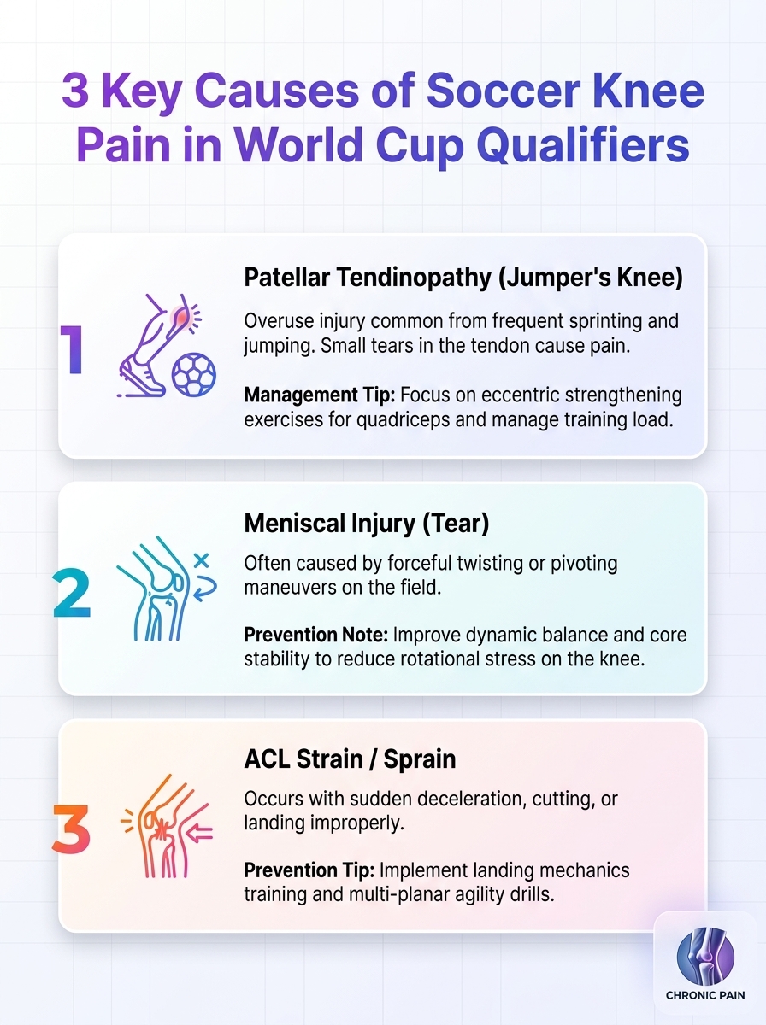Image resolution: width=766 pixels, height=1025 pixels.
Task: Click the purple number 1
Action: click(x=73, y=349)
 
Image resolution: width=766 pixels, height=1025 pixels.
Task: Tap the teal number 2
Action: click(x=71, y=594)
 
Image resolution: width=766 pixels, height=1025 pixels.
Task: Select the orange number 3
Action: click(x=71, y=829)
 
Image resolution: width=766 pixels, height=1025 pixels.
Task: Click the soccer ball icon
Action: click(x=194, y=374)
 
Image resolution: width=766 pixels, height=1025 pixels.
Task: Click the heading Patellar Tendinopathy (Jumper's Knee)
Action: click(x=463, y=278)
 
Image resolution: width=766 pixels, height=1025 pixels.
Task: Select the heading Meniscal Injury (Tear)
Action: click(x=367, y=523)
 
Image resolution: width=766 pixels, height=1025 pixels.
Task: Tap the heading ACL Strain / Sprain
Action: click(x=350, y=758)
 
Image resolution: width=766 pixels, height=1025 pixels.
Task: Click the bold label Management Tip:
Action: click(x=320, y=395)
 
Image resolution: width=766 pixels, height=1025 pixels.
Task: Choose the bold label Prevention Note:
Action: click(x=316, y=635)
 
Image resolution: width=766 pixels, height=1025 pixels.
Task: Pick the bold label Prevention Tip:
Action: click(x=309, y=870)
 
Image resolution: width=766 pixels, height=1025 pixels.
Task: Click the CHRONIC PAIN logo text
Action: click(x=705, y=995)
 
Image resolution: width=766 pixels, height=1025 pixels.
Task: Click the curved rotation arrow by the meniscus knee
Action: click(x=208, y=589)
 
